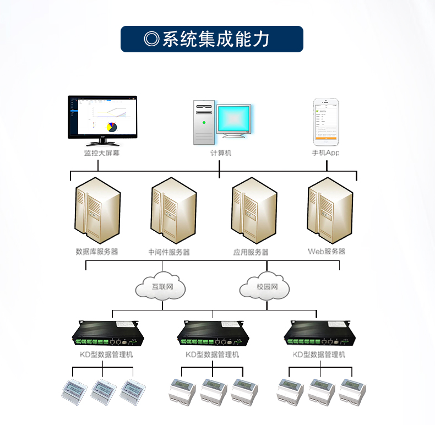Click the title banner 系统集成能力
tap(212, 39)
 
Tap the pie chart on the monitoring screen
tap(112, 127)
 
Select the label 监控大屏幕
tap(101, 153)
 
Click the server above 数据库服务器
tap(97, 211)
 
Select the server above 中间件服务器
tap(172, 211)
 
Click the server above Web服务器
tap(329, 211)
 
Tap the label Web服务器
tap(327, 252)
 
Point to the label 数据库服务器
tap(97, 252)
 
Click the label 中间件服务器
tap(169, 252)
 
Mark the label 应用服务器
tap(251, 252)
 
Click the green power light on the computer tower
tap(204, 122)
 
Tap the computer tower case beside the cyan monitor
tap(204, 123)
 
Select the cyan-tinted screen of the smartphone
tap(325, 121)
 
